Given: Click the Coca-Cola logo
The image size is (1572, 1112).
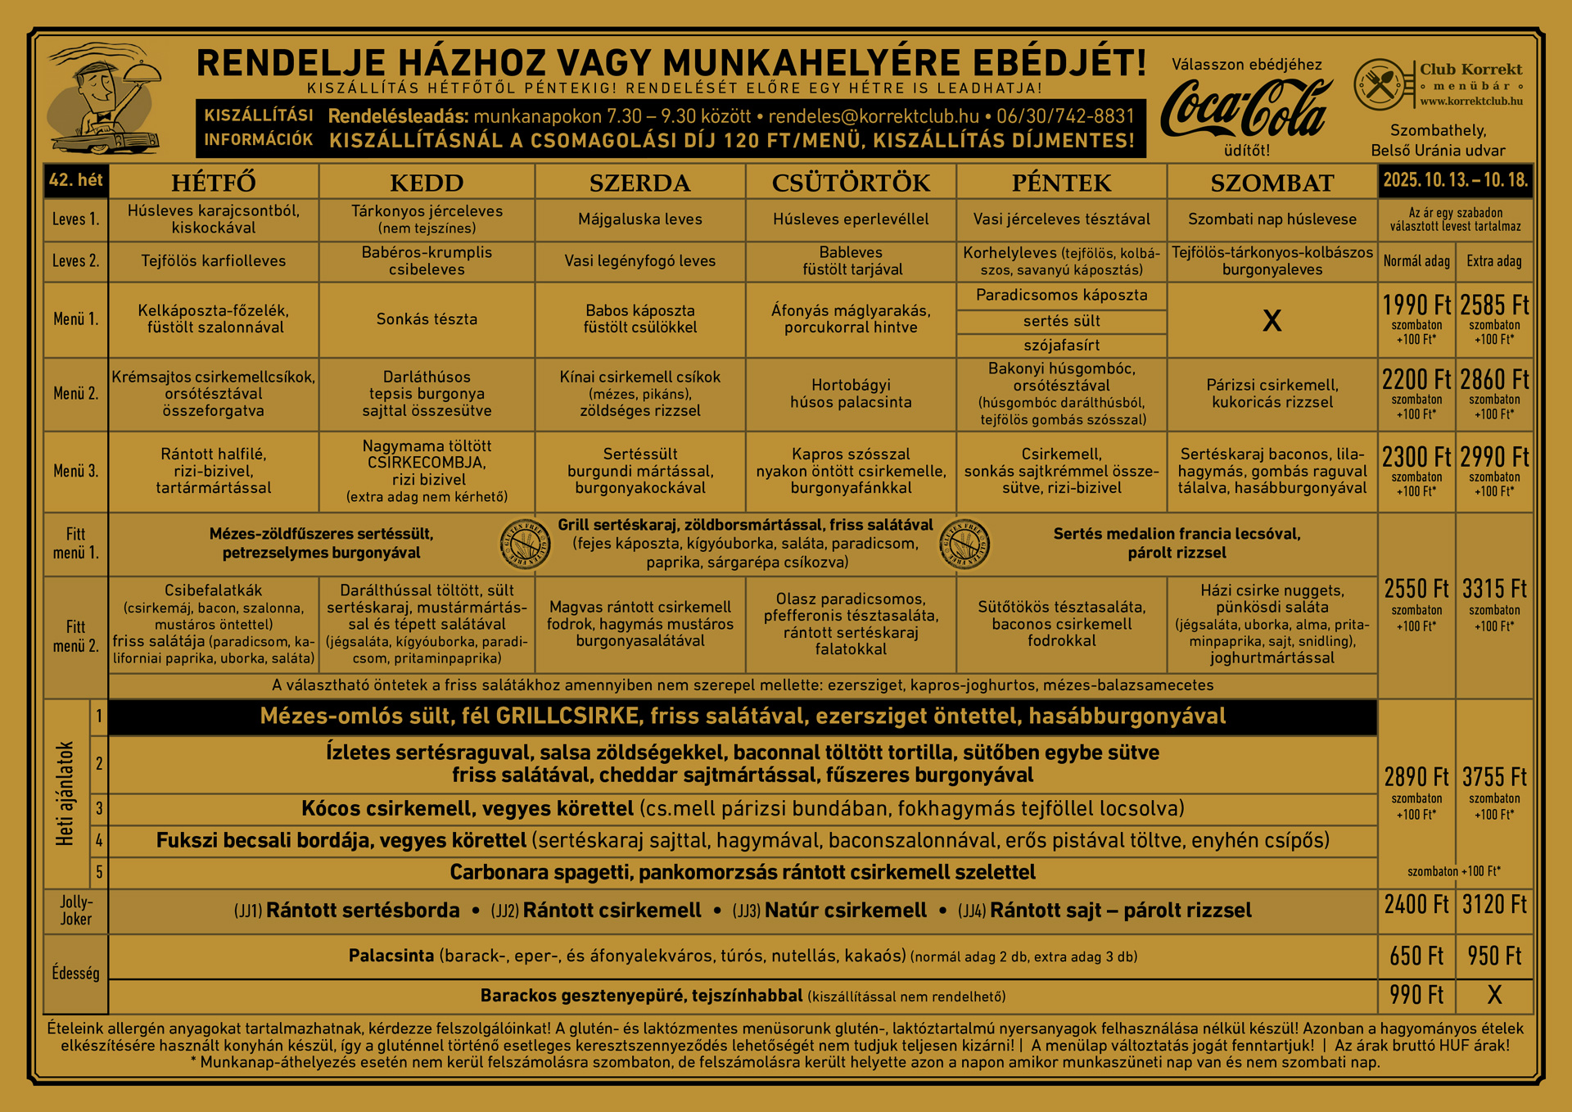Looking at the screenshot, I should pos(1245,109).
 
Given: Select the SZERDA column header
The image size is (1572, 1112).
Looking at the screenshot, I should pos(639,183).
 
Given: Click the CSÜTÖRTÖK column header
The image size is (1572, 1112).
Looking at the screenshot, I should pos(851,183).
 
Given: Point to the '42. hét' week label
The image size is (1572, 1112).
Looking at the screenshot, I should pos(76,180).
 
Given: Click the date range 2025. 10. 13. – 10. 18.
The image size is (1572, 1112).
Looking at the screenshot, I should pos(1455,180).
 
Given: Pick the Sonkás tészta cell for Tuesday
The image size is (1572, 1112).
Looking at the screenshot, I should pos(427,319).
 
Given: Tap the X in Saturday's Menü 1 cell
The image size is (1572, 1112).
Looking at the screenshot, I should pos(1272,320).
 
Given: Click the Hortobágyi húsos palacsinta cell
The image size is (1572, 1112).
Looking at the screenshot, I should pos(851,394).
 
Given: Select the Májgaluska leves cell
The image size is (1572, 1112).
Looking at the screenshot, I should pos(639,219).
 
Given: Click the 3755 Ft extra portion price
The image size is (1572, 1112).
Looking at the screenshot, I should pos(1494,777).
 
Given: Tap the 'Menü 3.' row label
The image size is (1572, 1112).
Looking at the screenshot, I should pos(76,471).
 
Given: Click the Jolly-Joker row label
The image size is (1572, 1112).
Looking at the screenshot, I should pos(76,911).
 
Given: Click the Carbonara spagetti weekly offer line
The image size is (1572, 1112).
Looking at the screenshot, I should pos(742,873).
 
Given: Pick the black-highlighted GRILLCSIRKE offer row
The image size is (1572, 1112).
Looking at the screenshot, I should pos(742,716).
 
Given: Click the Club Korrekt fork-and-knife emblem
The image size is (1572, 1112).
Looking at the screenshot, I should pos(1380,84).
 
